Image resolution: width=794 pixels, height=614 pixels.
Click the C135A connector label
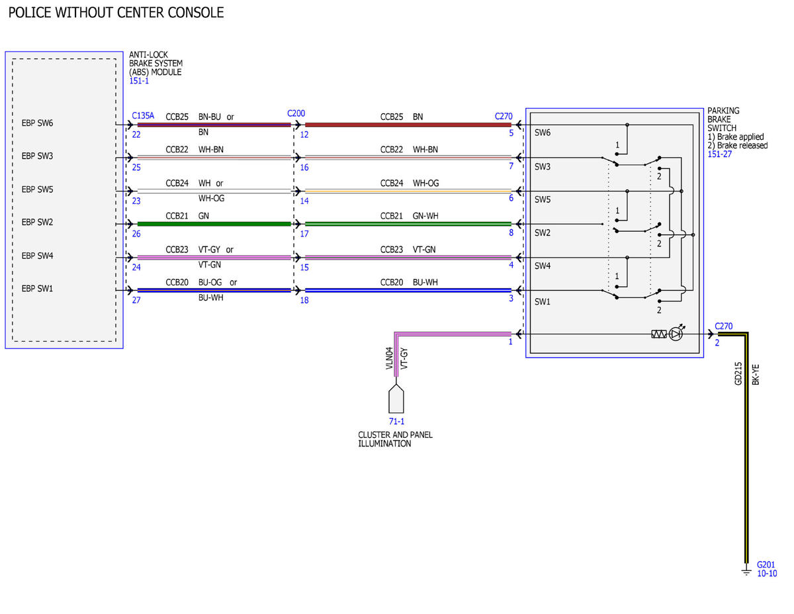click(x=143, y=115)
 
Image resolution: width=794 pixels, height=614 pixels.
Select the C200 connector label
click(x=296, y=113)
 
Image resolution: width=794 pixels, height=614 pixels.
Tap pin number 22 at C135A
click(x=136, y=134)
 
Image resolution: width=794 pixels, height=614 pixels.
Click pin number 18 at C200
click(x=304, y=300)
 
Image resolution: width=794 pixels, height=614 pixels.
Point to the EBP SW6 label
click(x=37, y=123)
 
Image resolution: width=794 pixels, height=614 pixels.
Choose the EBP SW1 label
click(x=37, y=289)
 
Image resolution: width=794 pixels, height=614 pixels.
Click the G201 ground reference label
click(x=766, y=564)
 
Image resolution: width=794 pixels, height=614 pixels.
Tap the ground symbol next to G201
click(x=746, y=571)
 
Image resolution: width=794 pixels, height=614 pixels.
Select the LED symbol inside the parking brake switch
click(x=676, y=334)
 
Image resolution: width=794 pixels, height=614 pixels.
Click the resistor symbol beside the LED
click(x=659, y=334)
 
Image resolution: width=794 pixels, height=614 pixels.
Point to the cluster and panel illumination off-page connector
click(x=396, y=399)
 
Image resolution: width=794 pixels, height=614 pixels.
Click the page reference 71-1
click(x=396, y=421)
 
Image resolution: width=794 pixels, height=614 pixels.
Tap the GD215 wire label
click(x=738, y=374)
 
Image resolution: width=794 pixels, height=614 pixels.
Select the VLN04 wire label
click(x=389, y=358)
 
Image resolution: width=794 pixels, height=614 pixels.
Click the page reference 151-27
click(x=719, y=154)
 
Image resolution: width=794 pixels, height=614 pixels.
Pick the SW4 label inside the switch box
click(x=543, y=266)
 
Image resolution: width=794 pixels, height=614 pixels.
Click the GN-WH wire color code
click(x=425, y=216)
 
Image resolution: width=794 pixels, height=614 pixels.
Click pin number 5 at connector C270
click(x=511, y=133)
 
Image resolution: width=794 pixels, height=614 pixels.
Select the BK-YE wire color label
click(x=756, y=374)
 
